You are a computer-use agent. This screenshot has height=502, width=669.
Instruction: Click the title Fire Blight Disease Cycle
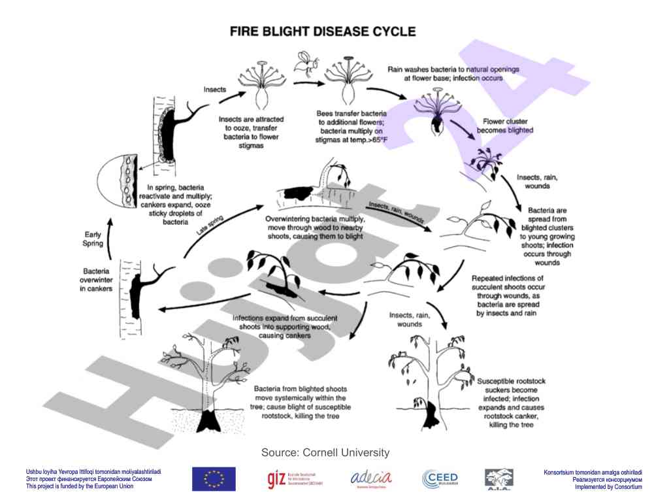321,31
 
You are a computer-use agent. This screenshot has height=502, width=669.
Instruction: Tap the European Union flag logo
214,479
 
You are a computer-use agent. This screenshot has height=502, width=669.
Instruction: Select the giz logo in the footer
295,479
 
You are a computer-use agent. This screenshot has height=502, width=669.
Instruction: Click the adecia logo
371,478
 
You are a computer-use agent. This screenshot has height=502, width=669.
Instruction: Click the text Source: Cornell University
325,452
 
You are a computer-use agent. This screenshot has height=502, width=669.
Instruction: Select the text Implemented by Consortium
608,487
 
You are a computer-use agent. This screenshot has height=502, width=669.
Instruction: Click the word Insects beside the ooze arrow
216,89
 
